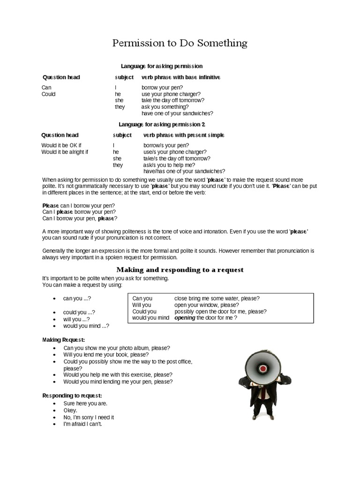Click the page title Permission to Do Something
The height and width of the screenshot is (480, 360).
click(x=180, y=44)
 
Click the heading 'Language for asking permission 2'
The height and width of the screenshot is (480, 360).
click(x=162, y=124)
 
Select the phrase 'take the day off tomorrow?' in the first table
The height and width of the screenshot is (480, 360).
click(x=172, y=100)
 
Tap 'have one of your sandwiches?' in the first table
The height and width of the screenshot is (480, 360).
click(x=177, y=113)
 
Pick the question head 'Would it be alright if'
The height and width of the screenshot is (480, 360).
click(x=65, y=152)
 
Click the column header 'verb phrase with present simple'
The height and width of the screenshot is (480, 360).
click(x=184, y=135)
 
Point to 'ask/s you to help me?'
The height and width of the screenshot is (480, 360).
click(x=169, y=165)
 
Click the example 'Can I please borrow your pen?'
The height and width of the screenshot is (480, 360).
click(x=79, y=212)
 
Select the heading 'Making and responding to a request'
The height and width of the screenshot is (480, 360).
click(x=180, y=270)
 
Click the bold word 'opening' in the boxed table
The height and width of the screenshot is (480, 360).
click(x=185, y=318)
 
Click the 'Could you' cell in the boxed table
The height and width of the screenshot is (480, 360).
click(x=144, y=311)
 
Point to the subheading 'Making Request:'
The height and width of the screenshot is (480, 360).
click(x=64, y=339)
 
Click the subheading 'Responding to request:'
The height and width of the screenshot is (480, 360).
click(x=72, y=396)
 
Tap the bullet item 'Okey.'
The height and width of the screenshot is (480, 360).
click(x=70, y=410)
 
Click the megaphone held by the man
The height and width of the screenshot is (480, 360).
click(x=262, y=367)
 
